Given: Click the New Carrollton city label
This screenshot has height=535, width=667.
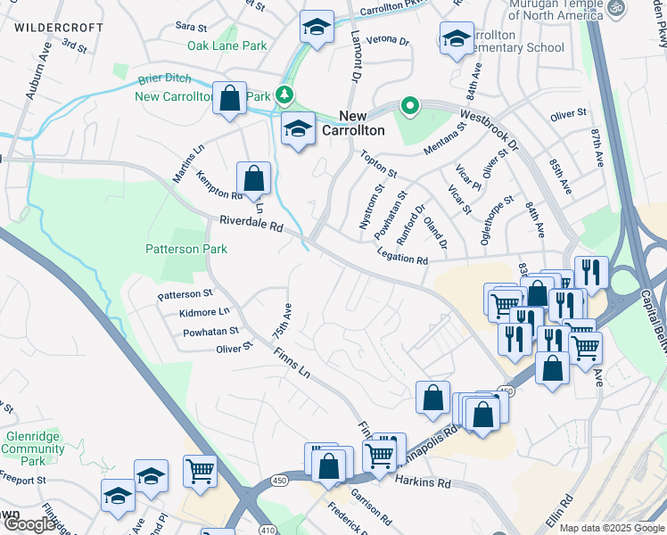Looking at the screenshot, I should [x=361, y=123].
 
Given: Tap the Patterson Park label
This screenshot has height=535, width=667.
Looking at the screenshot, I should [x=186, y=250].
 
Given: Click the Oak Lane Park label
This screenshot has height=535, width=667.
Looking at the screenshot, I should [x=226, y=45].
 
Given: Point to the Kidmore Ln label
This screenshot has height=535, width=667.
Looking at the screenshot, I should [x=204, y=313].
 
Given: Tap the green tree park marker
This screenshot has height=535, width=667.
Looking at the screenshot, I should [x=284, y=94].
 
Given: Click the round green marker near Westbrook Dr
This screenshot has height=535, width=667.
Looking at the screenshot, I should [x=409, y=106].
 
